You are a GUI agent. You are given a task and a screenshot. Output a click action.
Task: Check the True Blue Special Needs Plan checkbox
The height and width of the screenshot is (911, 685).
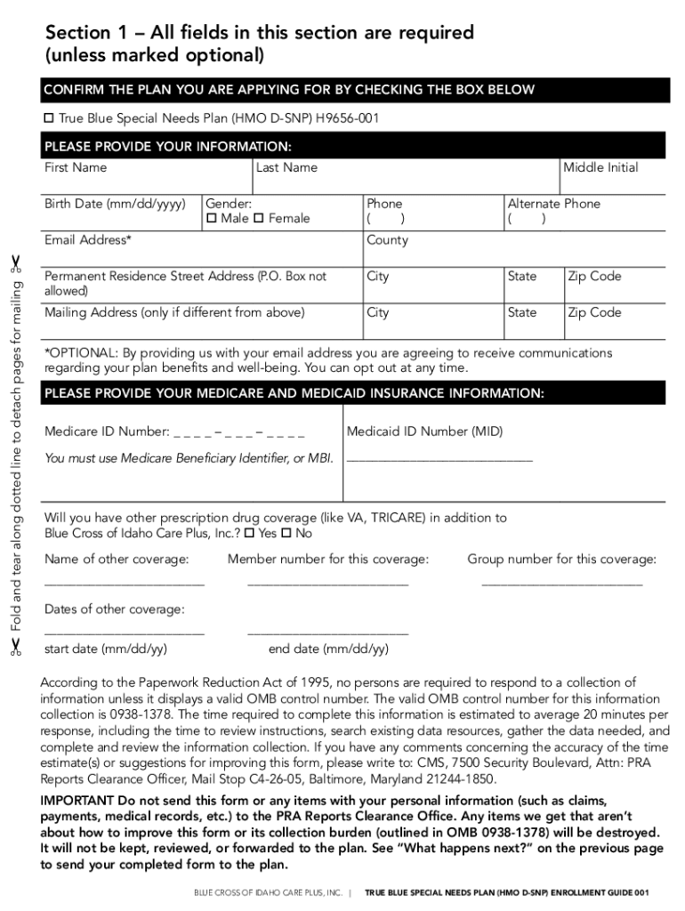click(x=50, y=118)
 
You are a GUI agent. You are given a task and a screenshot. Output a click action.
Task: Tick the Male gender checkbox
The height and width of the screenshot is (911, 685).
click(x=212, y=219)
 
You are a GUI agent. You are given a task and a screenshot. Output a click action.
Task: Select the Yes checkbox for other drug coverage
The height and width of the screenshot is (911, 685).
click(x=250, y=534)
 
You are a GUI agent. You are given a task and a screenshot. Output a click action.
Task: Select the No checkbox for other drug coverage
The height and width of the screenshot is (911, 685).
click(x=287, y=534)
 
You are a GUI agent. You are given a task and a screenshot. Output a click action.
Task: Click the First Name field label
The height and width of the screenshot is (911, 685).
click(x=76, y=167)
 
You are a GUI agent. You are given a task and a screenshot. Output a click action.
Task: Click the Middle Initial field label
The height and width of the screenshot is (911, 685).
click(x=600, y=167)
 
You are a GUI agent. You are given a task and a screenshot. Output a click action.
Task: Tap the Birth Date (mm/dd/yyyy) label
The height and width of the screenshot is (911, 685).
click(x=115, y=204)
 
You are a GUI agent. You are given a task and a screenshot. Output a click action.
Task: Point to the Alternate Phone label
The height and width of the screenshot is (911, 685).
click(x=553, y=204)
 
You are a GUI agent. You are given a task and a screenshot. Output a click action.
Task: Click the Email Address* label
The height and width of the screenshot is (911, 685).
click(x=88, y=240)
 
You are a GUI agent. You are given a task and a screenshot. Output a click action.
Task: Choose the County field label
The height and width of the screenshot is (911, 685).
click(x=387, y=240)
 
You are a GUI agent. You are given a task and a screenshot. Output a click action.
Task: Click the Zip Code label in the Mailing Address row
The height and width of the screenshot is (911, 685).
click(x=594, y=312)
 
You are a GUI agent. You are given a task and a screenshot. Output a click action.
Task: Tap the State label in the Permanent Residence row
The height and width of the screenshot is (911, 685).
click(x=522, y=276)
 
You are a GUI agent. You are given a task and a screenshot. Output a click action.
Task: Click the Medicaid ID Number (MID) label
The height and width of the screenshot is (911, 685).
click(x=424, y=431)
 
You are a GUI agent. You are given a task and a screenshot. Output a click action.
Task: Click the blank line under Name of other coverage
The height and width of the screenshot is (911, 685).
click(x=125, y=583)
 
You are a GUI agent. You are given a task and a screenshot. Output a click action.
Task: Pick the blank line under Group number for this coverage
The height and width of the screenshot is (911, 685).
click(x=561, y=583)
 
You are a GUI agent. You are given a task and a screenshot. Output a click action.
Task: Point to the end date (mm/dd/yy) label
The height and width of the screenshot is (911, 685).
click(x=328, y=649)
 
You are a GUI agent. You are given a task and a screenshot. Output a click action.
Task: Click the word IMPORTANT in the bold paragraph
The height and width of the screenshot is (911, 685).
click(x=75, y=800)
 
